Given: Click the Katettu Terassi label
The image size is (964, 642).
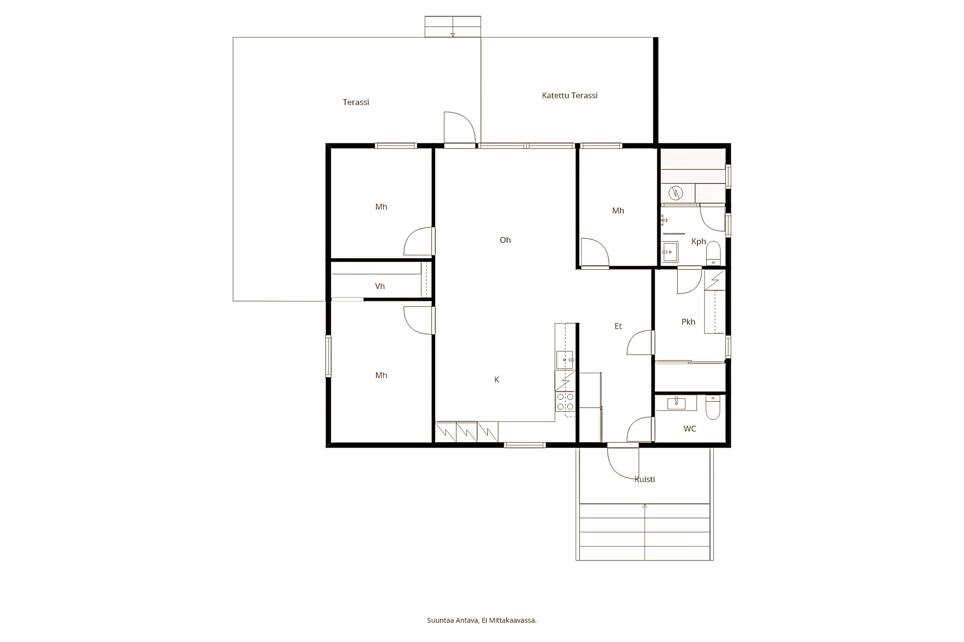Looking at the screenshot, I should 569,95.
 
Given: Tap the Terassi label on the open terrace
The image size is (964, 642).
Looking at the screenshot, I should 356,102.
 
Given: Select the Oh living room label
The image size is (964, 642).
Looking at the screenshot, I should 505,240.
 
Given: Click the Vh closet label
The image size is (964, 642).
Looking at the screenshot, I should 380,286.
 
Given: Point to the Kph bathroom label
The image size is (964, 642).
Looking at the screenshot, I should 698,241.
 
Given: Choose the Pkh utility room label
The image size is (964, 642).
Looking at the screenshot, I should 688,322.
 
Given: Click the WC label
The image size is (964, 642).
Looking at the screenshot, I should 689,429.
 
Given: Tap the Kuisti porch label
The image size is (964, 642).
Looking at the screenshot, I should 644,479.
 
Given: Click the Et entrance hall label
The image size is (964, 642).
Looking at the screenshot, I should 618,326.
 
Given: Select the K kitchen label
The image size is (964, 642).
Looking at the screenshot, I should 496,380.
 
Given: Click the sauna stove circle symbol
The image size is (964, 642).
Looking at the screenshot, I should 677,193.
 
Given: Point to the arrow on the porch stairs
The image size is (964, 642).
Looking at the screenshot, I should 644,506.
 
